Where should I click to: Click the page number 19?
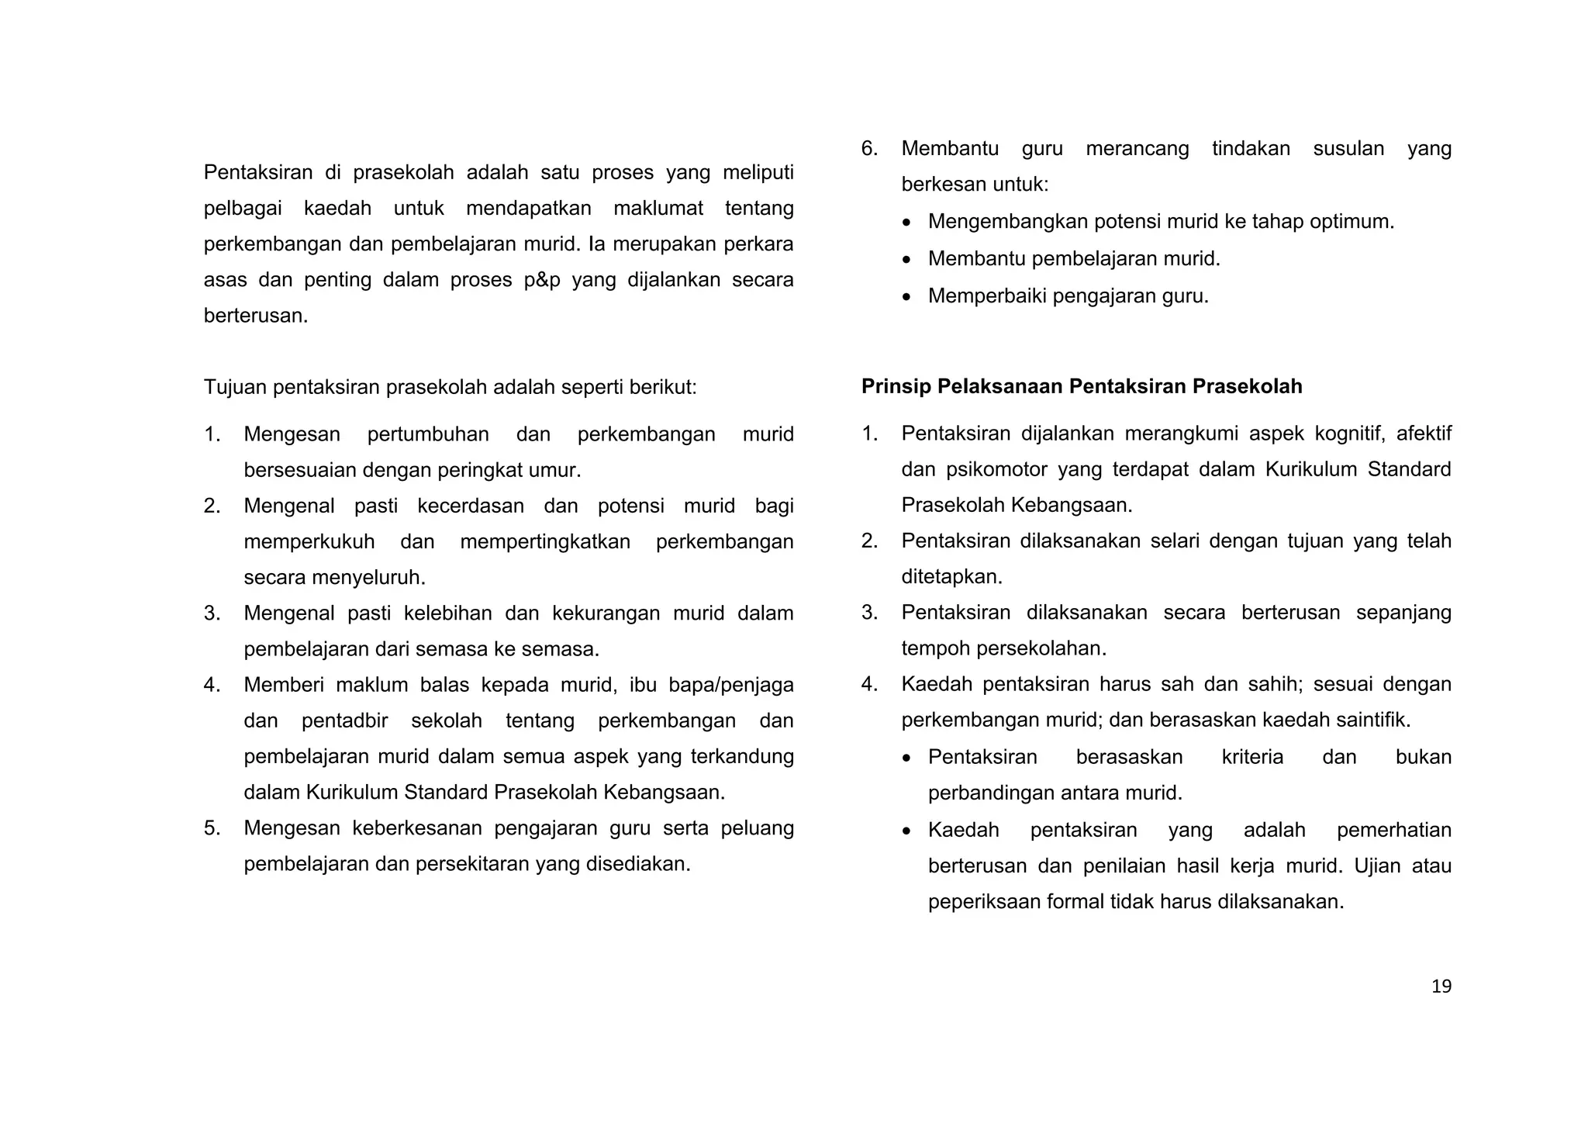1441,987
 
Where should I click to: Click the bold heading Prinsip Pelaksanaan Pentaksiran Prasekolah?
1081,386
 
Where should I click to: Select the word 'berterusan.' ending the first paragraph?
256,316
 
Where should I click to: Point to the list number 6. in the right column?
869,149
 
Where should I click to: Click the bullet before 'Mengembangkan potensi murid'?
908,223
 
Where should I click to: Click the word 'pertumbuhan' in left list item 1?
428,434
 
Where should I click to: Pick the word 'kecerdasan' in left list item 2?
470,506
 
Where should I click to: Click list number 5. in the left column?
212,828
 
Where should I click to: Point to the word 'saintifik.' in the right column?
1375,720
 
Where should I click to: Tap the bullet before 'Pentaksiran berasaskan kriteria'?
908,758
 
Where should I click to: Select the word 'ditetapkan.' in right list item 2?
951,577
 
